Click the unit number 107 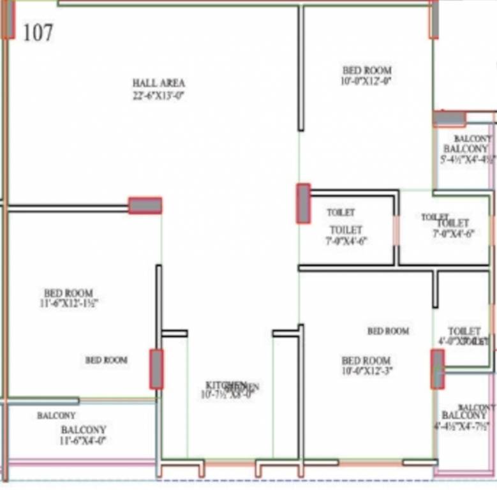[x=38, y=33]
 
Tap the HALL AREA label [x=159, y=83]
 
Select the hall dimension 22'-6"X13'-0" [x=158, y=96]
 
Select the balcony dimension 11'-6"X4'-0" [x=84, y=440]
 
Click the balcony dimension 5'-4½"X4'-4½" [x=466, y=160]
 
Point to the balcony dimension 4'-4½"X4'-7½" [x=463, y=426]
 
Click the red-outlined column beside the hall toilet [x=303, y=204]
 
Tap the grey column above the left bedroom [x=145, y=205]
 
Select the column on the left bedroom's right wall [x=156, y=369]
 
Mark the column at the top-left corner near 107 [x=8, y=19]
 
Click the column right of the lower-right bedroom [x=437, y=369]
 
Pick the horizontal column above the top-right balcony [x=449, y=118]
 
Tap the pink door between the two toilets [x=396, y=230]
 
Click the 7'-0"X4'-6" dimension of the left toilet [x=346, y=241]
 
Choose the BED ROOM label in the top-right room [x=367, y=70]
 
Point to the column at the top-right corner [x=434, y=19]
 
